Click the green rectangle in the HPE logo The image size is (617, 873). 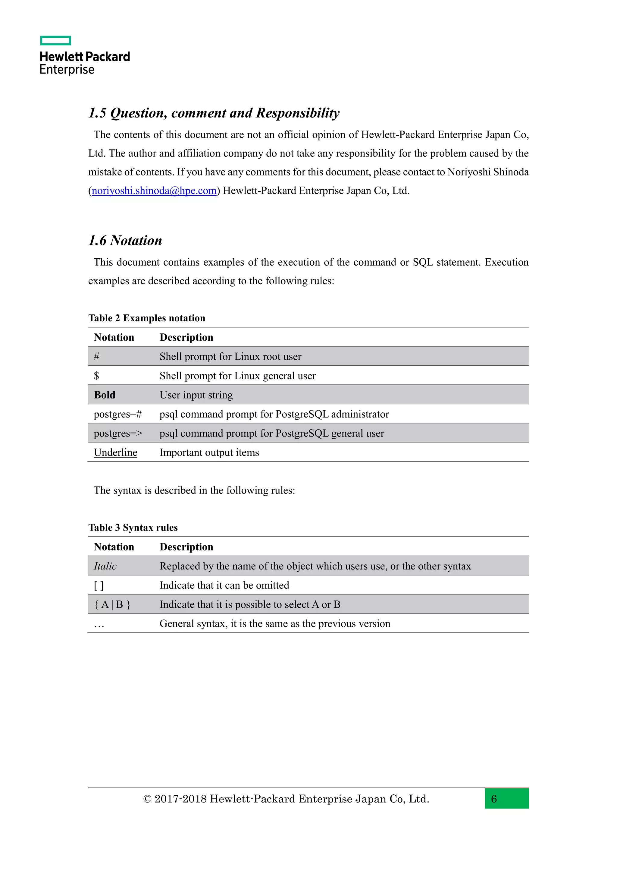(55, 40)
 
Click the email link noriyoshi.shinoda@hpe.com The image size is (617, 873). (154, 191)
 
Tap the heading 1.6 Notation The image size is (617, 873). (125, 241)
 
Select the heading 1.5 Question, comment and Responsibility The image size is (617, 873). (214, 113)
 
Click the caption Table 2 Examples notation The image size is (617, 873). (147, 318)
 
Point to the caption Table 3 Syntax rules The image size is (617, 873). (133, 528)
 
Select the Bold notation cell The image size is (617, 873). (105, 395)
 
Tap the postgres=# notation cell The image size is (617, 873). (118, 414)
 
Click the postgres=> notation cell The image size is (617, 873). (118, 433)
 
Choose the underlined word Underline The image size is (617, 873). (115, 453)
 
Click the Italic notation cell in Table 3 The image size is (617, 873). (105, 566)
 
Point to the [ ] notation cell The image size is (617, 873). (99, 585)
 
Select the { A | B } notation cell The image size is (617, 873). (112, 605)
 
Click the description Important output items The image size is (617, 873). (209, 453)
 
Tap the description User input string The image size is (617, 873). (196, 395)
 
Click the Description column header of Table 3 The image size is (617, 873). (186, 547)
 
